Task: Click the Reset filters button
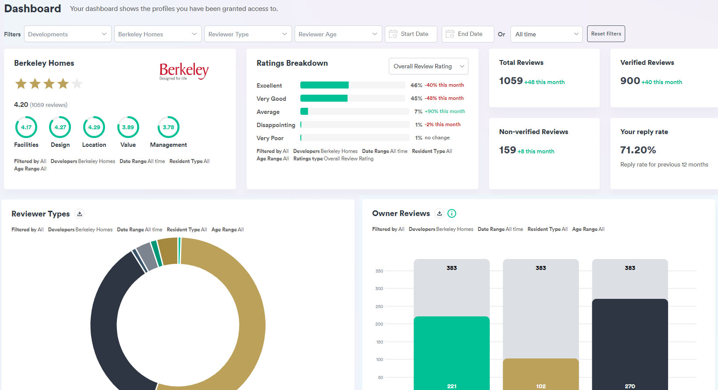click(606, 34)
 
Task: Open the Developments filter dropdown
click(67, 34)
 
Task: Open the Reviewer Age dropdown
click(338, 34)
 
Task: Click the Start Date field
click(411, 34)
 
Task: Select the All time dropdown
click(546, 34)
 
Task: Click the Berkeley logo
click(184, 71)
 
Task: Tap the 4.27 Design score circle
click(60, 127)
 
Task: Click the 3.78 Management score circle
click(169, 127)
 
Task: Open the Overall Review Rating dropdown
click(428, 66)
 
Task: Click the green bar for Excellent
click(324, 85)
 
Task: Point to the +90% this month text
click(445, 111)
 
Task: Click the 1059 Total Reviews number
click(511, 81)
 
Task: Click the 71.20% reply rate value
click(638, 150)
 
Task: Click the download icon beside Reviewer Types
click(79, 214)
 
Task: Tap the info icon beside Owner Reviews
click(452, 213)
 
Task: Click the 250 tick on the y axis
click(379, 306)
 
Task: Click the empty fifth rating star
click(77, 83)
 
